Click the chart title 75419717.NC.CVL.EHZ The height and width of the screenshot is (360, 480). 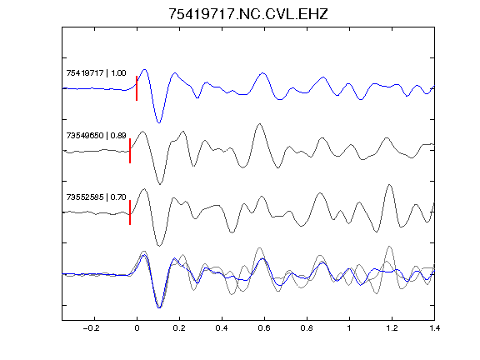[x=248, y=14]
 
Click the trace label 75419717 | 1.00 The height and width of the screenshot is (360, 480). [x=96, y=73]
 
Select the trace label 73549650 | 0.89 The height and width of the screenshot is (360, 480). [x=96, y=135]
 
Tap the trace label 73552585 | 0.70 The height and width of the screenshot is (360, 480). [x=96, y=197]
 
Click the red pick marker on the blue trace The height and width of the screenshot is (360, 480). [x=137, y=88]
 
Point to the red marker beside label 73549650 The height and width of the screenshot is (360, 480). [x=130, y=151]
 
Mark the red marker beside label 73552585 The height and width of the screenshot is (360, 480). [x=130, y=212]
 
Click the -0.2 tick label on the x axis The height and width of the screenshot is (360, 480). [x=92, y=328]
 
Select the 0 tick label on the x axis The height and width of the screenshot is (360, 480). [x=137, y=328]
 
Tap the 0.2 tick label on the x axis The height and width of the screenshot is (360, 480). [x=179, y=328]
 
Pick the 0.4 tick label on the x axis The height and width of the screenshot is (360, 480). [x=222, y=328]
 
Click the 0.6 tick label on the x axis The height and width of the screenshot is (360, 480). [x=264, y=328]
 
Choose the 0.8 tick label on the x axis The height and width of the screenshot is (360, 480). [x=307, y=328]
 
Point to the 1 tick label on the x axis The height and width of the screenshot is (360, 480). [x=349, y=328]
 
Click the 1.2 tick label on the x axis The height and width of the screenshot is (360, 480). [x=392, y=328]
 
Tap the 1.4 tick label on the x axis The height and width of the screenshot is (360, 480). [x=434, y=328]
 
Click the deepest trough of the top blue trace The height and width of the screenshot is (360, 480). [x=159, y=122]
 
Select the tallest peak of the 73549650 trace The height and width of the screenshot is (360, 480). [x=260, y=124]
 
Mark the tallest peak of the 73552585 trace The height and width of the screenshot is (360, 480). [x=389, y=185]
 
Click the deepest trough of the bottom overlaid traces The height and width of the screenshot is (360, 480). [x=159, y=307]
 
